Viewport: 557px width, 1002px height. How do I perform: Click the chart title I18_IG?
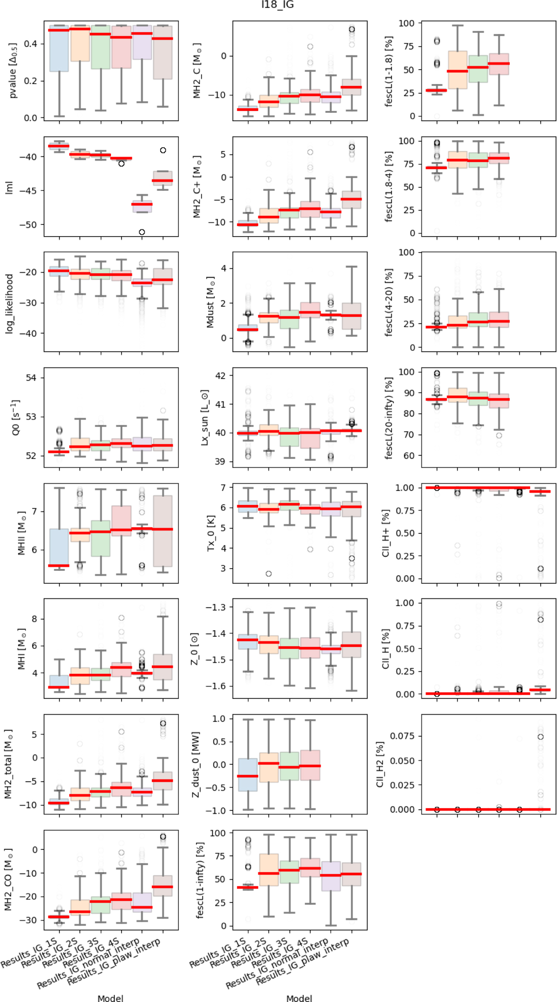coord(278,5)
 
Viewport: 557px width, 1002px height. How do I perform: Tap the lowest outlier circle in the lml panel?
coord(142,232)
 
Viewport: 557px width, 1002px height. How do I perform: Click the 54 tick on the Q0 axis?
coord(31,378)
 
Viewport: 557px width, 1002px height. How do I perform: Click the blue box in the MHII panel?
coord(59,548)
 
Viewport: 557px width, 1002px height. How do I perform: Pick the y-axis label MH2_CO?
coord(8,879)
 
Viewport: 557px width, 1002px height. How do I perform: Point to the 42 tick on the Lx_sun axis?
coord(220,375)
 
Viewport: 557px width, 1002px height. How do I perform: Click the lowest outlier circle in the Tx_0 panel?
coord(269,574)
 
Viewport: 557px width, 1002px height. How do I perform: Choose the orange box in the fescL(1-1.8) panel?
coord(457,70)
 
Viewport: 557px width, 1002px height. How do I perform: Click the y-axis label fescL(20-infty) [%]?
coord(389,418)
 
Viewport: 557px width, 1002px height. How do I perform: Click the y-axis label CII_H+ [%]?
coord(385,533)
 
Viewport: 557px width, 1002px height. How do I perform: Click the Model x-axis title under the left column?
coord(110,998)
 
